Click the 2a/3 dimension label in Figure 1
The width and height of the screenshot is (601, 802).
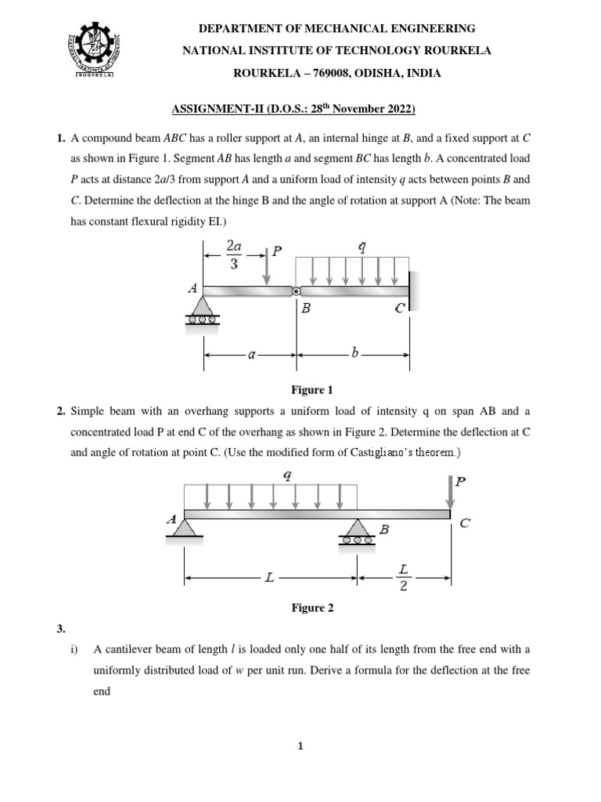pos(233,255)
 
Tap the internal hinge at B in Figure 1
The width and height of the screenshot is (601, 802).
pos(296,291)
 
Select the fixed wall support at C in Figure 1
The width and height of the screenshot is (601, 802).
pos(412,291)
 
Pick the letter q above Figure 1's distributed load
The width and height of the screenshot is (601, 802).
pos(361,247)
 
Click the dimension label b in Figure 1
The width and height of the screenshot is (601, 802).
pos(354,353)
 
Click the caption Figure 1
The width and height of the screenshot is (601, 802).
pos(311,389)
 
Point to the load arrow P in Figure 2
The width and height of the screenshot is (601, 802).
pos(450,493)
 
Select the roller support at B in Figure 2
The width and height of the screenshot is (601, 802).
pos(358,530)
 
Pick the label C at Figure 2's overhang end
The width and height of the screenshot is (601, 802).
pos(465,524)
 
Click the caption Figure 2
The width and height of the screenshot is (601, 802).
pos(311,607)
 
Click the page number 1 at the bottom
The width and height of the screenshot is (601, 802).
pos(300,746)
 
